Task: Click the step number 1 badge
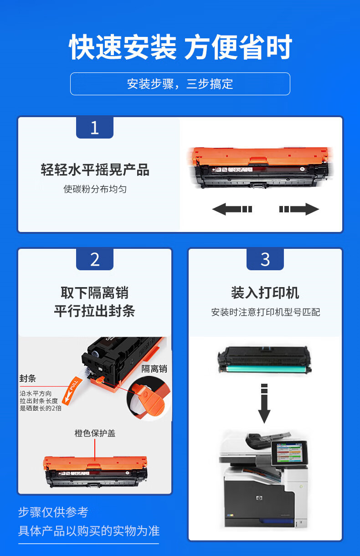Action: [x=95, y=127]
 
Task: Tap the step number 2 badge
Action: [x=95, y=259]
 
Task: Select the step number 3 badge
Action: [x=265, y=259]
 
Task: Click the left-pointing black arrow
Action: [x=232, y=209]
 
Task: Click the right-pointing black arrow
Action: [x=299, y=209]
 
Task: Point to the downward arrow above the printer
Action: [x=264, y=403]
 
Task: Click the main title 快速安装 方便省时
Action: [x=180, y=46]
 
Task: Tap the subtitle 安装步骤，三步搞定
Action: [x=180, y=84]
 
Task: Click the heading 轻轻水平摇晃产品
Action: [x=95, y=170]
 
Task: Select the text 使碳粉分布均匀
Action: [x=95, y=189]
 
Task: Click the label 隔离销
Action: [x=154, y=369]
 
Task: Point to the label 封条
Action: [x=27, y=379]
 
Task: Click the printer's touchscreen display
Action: [x=289, y=453]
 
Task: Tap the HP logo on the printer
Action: [x=259, y=498]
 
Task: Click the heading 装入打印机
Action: [x=265, y=293]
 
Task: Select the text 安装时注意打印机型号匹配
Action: [x=265, y=312]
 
